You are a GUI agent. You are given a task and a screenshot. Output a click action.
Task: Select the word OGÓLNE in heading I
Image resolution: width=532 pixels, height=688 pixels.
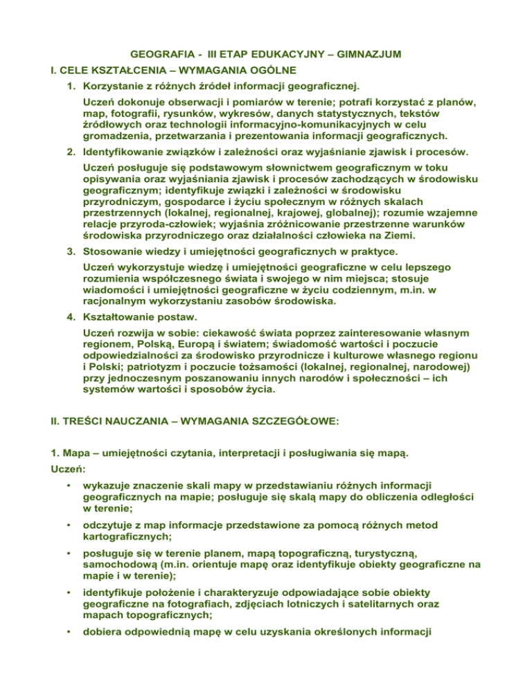pyautogui.click(x=259, y=70)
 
